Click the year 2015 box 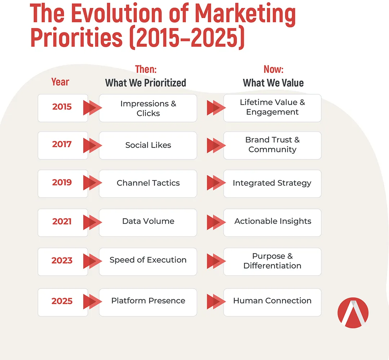[63, 108]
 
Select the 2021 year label [62, 221]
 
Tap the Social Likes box [148, 145]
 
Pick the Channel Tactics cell [148, 184]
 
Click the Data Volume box [148, 222]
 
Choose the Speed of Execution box [148, 262]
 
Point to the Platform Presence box [148, 302]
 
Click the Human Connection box [272, 302]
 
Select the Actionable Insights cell [272, 222]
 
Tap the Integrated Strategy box [272, 184]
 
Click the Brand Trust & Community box [272, 145]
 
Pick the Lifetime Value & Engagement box [272, 108]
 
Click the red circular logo [353, 312]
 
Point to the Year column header [60, 82]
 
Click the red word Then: [146, 69]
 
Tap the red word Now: [273, 69]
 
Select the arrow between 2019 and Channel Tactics [93, 183]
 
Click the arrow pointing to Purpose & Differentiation [216, 261]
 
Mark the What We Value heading [273, 83]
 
